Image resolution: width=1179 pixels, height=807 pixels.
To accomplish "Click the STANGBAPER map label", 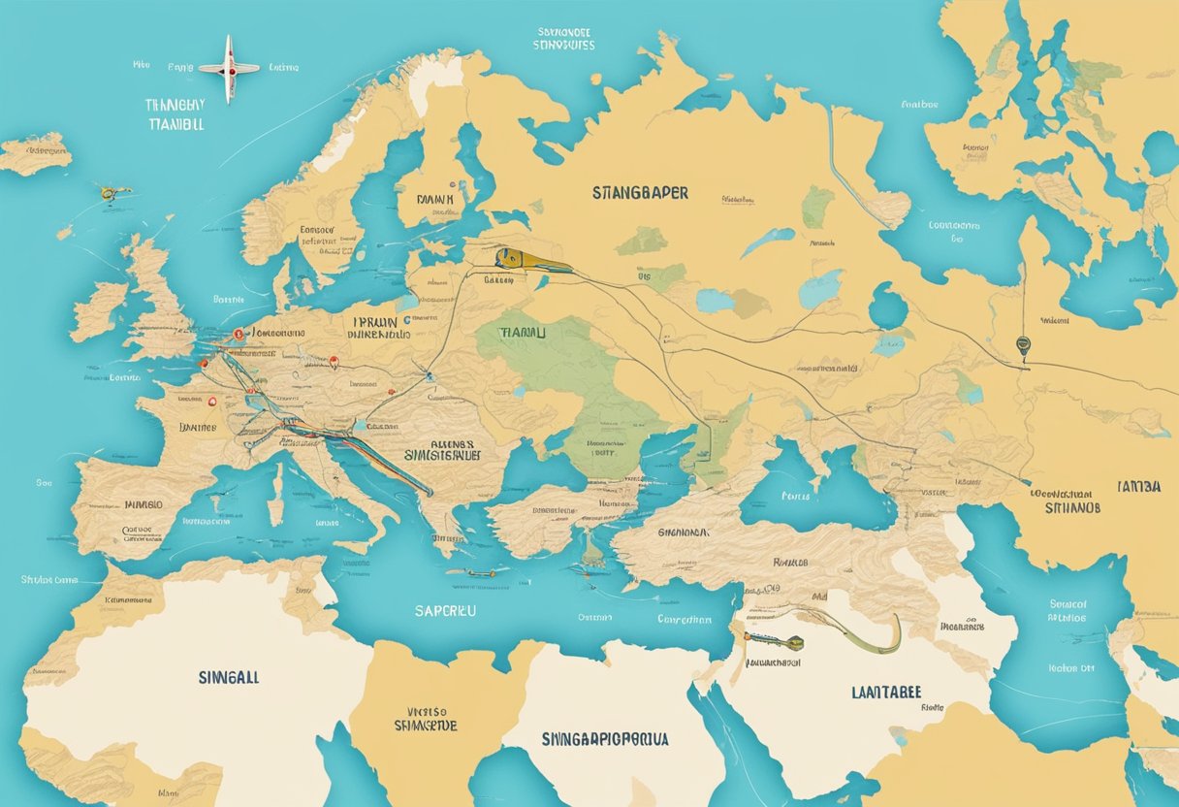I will click(640, 193).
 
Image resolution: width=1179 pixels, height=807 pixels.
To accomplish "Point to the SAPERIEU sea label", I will click(445, 612).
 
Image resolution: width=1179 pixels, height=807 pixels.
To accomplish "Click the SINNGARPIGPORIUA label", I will click(605, 739).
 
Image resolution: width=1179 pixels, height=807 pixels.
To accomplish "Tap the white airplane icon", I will click(229, 68).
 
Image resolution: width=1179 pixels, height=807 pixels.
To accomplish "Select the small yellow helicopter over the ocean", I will click(112, 193).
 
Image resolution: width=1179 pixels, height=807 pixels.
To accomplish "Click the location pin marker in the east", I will click(1022, 344).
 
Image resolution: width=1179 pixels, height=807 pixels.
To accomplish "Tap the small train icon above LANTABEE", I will click(776, 641).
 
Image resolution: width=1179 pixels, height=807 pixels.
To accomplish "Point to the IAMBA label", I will click(1138, 487).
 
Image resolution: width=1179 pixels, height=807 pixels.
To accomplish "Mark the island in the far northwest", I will click(35, 153).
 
